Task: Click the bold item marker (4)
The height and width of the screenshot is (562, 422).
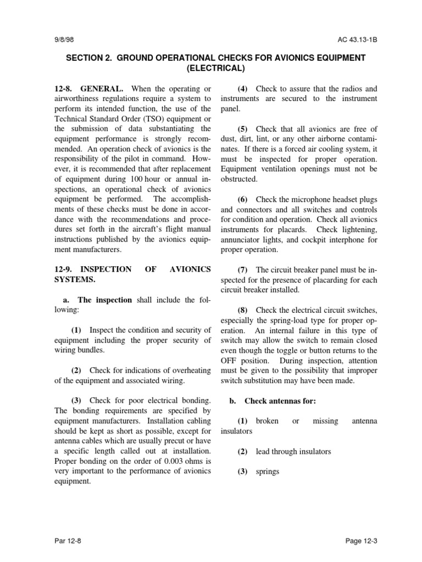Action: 244,89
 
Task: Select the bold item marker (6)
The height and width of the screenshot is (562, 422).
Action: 244,199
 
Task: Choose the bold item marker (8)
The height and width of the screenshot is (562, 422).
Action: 244,310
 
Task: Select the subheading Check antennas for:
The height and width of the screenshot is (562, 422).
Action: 280,401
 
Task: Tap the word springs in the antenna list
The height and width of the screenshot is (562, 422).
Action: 268,471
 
